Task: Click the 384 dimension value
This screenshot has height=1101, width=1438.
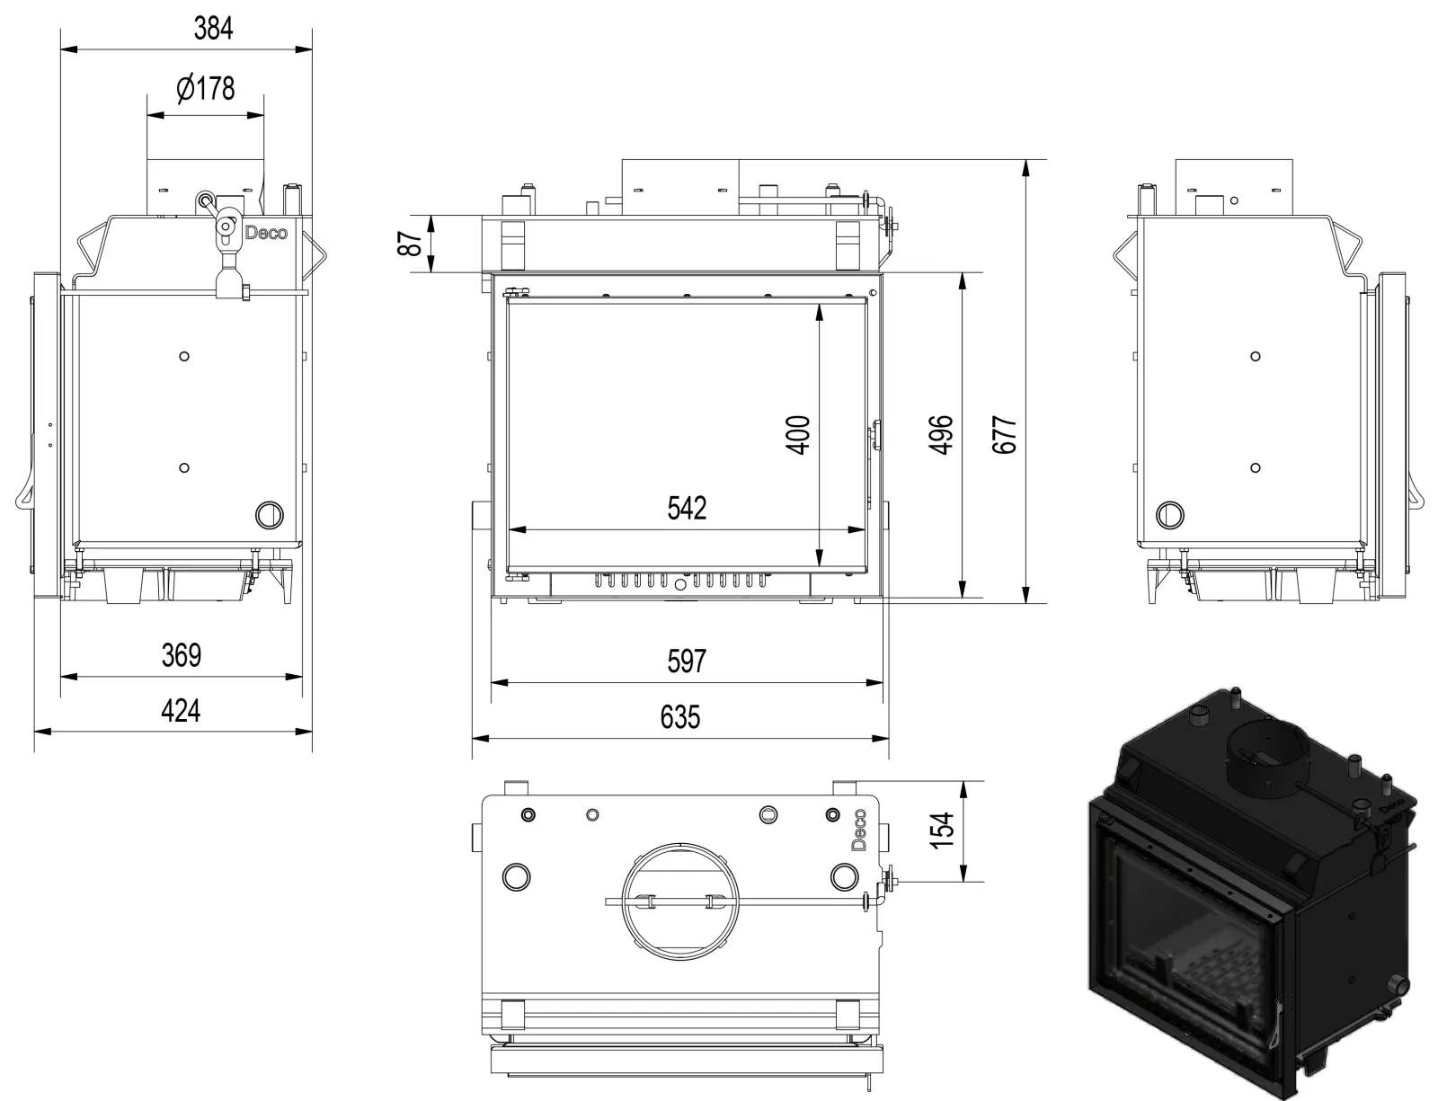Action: pyautogui.click(x=213, y=29)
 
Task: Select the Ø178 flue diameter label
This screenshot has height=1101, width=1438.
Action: pyautogui.click(x=206, y=89)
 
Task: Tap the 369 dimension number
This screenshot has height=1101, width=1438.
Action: pyautogui.click(x=181, y=655)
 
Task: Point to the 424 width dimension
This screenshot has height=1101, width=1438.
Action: pyautogui.click(x=181, y=711)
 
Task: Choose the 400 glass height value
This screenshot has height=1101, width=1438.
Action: pyautogui.click(x=798, y=434)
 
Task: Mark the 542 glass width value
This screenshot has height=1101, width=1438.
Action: pyautogui.click(x=687, y=508)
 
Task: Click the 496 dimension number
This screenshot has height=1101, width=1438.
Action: pyautogui.click(x=940, y=434)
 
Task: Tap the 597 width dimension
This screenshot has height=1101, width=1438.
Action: pyautogui.click(x=687, y=661)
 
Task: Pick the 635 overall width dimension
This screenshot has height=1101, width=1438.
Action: pyautogui.click(x=679, y=717)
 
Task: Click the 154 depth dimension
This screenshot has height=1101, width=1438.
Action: pyautogui.click(x=940, y=831)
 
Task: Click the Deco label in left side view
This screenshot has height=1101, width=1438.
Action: pyautogui.click(x=266, y=233)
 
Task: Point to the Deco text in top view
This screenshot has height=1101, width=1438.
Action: pyautogui.click(x=858, y=830)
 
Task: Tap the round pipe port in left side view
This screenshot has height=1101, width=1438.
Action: pyautogui.click(x=269, y=514)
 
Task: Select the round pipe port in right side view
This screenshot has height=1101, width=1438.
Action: pyautogui.click(x=1170, y=514)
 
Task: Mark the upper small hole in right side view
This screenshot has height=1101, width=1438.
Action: pyautogui.click(x=1256, y=356)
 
